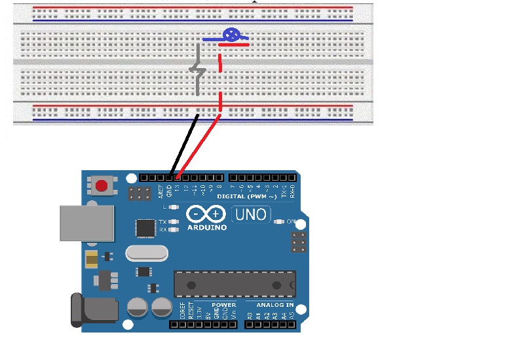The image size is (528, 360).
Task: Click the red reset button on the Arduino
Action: pyautogui.click(x=101, y=186)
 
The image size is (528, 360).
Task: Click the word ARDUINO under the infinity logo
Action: pyautogui.click(x=206, y=228)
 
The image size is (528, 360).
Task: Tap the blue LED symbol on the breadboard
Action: pyautogui.click(x=231, y=35)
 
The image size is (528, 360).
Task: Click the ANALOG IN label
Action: pyautogui.click(x=275, y=305)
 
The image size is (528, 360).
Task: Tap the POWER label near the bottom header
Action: pyautogui.click(x=224, y=305)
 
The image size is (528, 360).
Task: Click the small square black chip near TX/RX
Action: pyautogui.click(x=144, y=228)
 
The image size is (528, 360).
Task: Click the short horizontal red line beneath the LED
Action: pyautogui.click(x=234, y=45)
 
